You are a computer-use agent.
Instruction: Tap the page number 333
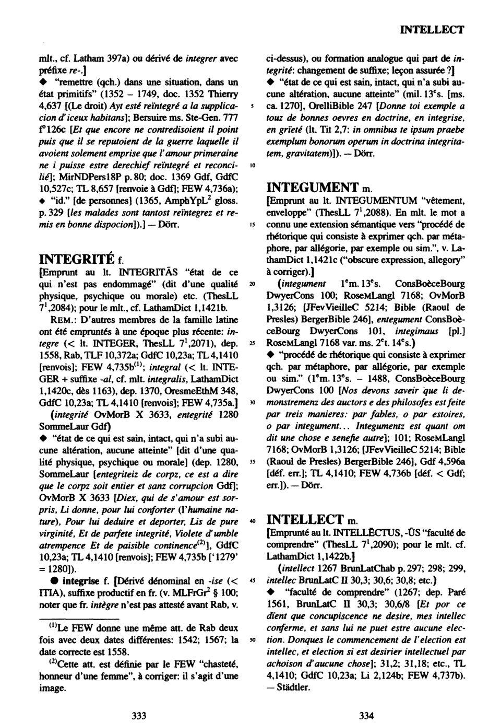tap(138, 716)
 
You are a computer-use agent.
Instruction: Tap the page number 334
tap(366, 716)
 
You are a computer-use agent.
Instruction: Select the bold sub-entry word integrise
tap(80, 580)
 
